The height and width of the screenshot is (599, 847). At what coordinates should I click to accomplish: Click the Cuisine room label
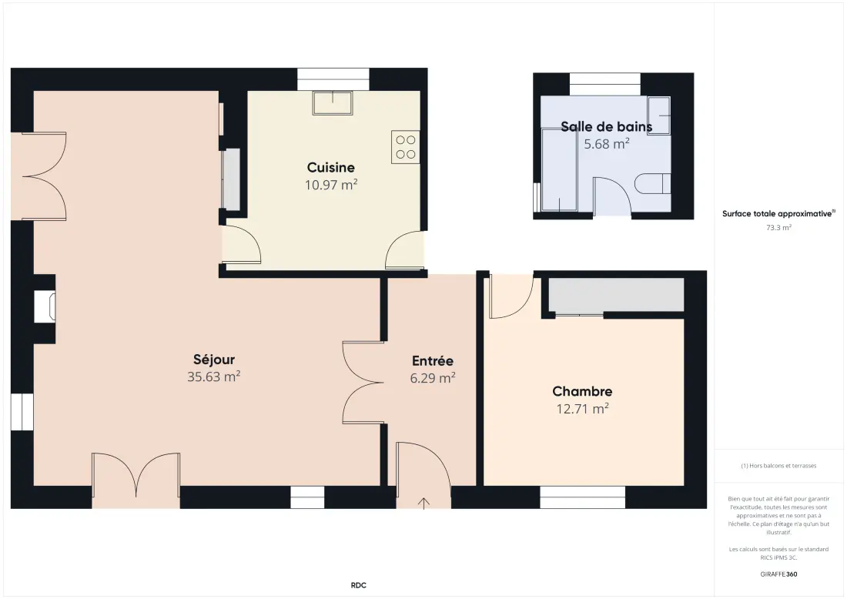pyautogui.click(x=330, y=167)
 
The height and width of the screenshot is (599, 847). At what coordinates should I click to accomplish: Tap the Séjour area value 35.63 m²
pyautogui.click(x=213, y=376)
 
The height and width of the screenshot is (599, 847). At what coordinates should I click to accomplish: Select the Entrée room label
pyautogui.click(x=432, y=361)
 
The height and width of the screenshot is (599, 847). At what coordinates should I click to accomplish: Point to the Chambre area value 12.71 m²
pyautogui.click(x=582, y=408)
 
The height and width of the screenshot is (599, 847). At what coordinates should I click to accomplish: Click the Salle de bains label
pyautogui.click(x=606, y=127)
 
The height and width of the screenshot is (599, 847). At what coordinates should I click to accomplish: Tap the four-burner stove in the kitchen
pyautogui.click(x=405, y=147)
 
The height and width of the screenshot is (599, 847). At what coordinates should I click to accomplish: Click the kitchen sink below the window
pyautogui.click(x=332, y=102)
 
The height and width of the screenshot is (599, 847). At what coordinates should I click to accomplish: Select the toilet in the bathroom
pyautogui.click(x=652, y=184)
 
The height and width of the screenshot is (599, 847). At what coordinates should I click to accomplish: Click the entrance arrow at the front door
pyautogui.click(x=424, y=503)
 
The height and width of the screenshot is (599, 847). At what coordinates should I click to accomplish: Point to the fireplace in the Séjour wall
pyautogui.click(x=45, y=306)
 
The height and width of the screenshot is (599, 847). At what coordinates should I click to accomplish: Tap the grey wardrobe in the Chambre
pyautogui.click(x=616, y=295)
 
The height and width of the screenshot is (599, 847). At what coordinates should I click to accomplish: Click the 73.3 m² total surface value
pyautogui.click(x=778, y=228)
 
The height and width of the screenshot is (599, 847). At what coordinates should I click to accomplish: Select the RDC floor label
pyautogui.click(x=358, y=585)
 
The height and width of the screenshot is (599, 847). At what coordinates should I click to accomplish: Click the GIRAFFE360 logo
pyautogui.click(x=778, y=574)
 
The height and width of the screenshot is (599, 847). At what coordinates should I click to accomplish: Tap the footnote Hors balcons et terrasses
pyautogui.click(x=778, y=466)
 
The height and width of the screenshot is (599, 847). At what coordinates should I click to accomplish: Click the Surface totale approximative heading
pyautogui.click(x=778, y=214)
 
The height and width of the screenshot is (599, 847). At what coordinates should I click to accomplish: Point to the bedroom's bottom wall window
pyautogui.click(x=583, y=497)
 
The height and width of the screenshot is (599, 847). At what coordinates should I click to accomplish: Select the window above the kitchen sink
pyautogui.click(x=333, y=79)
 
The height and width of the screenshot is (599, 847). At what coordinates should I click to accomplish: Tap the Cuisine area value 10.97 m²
pyautogui.click(x=330, y=185)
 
